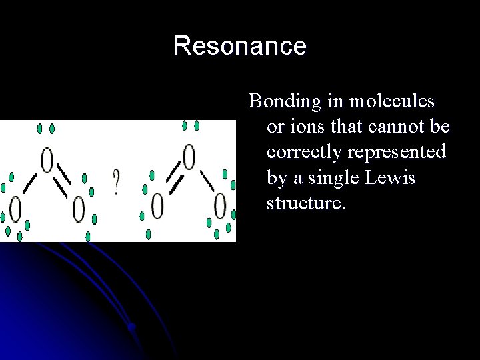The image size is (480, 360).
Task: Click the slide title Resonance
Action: pyautogui.click(x=239, y=46)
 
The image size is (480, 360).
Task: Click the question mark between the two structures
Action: pyautogui.click(x=117, y=182)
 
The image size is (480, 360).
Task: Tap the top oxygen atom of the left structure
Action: pyautogui.click(x=47, y=160)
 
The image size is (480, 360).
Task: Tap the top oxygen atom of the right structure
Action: pyautogui.click(x=189, y=157)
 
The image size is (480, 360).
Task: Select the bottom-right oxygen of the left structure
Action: pyautogui.click(x=79, y=209)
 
